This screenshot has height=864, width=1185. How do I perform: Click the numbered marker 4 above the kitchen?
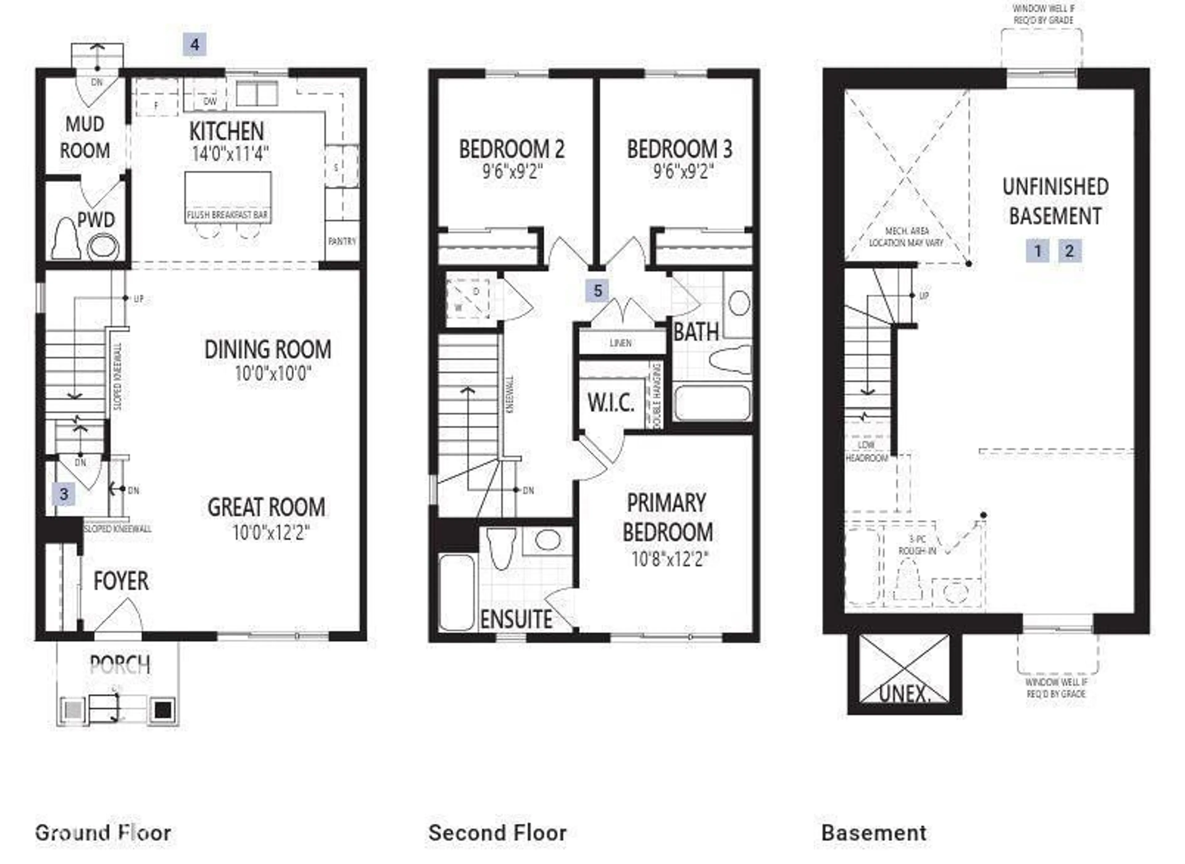coord(194,44)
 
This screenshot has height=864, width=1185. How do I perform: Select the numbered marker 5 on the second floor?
coord(598,291)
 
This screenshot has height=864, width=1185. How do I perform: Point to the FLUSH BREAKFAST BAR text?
coord(227,215)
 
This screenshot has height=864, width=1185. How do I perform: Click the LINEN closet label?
coord(621,343)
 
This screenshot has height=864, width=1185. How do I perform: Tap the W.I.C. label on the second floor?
coord(610,403)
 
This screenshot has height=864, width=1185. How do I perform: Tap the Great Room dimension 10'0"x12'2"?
coord(271,533)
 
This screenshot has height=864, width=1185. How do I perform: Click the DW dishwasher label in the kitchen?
coord(210,102)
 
